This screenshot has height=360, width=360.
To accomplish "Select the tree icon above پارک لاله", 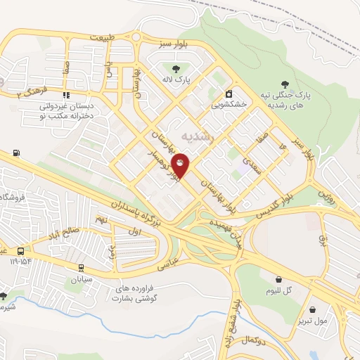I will point(175,68).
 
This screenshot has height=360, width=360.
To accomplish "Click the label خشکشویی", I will point(229,103).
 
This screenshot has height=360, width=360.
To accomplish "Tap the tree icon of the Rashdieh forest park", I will point(285,84).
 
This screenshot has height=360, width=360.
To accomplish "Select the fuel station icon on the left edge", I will point(16,153).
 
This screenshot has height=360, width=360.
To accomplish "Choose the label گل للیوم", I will point(278,290).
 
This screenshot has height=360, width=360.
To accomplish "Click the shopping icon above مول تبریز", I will point(313,309).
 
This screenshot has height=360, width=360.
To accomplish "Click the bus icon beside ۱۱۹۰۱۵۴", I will point(22,251).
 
